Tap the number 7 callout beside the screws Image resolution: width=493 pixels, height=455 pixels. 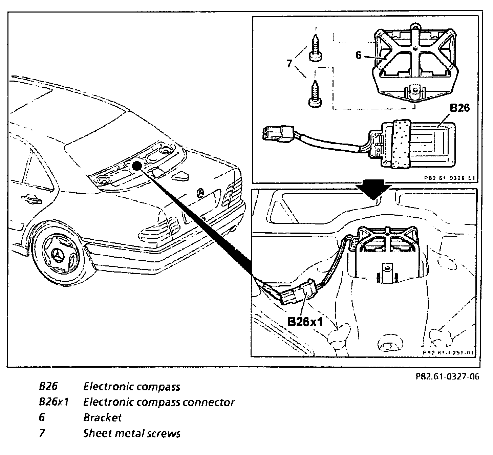tap(290, 64)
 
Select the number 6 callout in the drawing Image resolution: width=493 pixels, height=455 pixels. tap(359, 55)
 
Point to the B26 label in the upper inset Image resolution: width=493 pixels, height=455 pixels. tap(459, 108)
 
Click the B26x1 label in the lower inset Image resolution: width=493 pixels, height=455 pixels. tap(305, 321)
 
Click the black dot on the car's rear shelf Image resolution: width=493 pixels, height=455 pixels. tap(136, 166)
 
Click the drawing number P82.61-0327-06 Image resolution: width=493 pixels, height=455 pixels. tap(448, 376)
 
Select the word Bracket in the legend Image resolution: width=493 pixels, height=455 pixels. tap(102, 417)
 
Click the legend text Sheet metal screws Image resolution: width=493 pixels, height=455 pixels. tap(132, 433)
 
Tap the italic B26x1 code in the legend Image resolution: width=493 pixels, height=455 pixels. tap(54, 402)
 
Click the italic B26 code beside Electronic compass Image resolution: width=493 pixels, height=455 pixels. tap(49, 386)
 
